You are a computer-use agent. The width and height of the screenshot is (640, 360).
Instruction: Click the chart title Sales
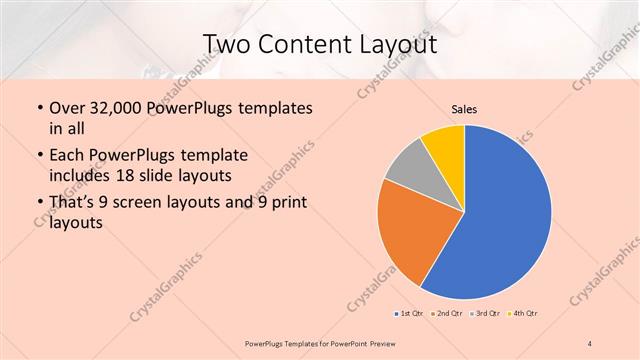[464, 108]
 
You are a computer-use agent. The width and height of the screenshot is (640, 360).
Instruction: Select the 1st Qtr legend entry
[408, 313]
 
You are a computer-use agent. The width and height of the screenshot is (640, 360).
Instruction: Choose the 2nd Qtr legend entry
[447, 313]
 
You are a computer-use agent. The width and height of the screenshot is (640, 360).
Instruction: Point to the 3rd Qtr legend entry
[486, 313]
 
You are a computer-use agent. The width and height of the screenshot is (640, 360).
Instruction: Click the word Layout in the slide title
[397, 44]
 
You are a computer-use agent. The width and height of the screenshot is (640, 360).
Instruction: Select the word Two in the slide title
[226, 44]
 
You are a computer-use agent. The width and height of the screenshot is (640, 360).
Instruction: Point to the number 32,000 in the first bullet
[112, 108]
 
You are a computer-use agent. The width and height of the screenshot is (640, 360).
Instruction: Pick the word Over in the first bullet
[68, 108]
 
